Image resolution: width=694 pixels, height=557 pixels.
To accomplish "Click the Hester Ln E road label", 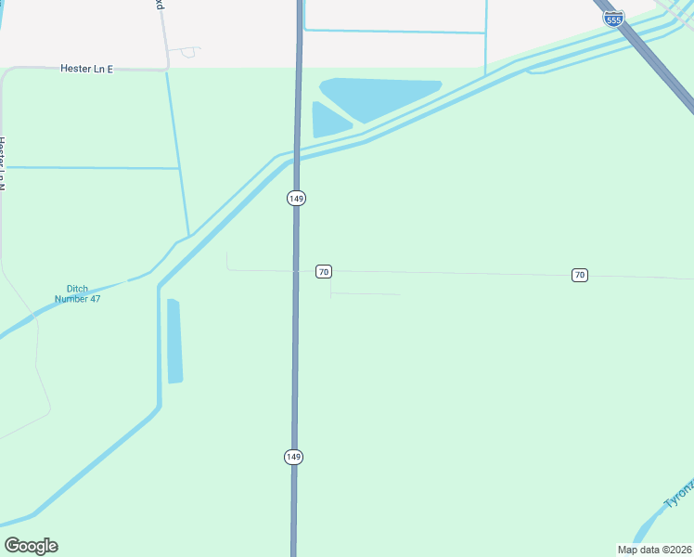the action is (85, 69).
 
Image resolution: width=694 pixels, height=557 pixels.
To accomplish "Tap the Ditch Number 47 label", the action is (77, 293).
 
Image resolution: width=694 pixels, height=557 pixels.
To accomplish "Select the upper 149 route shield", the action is (296, 199).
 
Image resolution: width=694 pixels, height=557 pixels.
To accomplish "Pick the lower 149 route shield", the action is (294, 457).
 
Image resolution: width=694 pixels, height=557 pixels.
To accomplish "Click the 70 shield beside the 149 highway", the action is (323, 271).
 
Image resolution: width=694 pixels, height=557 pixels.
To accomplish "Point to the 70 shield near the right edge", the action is (579, 275).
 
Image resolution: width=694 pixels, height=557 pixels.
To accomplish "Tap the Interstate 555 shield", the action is (613, 18).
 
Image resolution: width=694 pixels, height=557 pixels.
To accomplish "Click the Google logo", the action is (31, 546).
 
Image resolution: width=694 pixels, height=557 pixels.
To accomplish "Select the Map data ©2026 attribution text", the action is (654, 550).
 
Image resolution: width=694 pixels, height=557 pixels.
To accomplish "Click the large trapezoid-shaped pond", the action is (380, 97).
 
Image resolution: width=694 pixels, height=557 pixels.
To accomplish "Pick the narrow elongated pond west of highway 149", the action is (174, 342).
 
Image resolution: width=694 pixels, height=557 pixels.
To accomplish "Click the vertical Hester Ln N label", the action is (3, 163).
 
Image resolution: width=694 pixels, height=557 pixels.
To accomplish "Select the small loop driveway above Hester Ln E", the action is (190, 52).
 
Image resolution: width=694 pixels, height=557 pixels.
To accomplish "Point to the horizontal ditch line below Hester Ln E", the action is (93, 168).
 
